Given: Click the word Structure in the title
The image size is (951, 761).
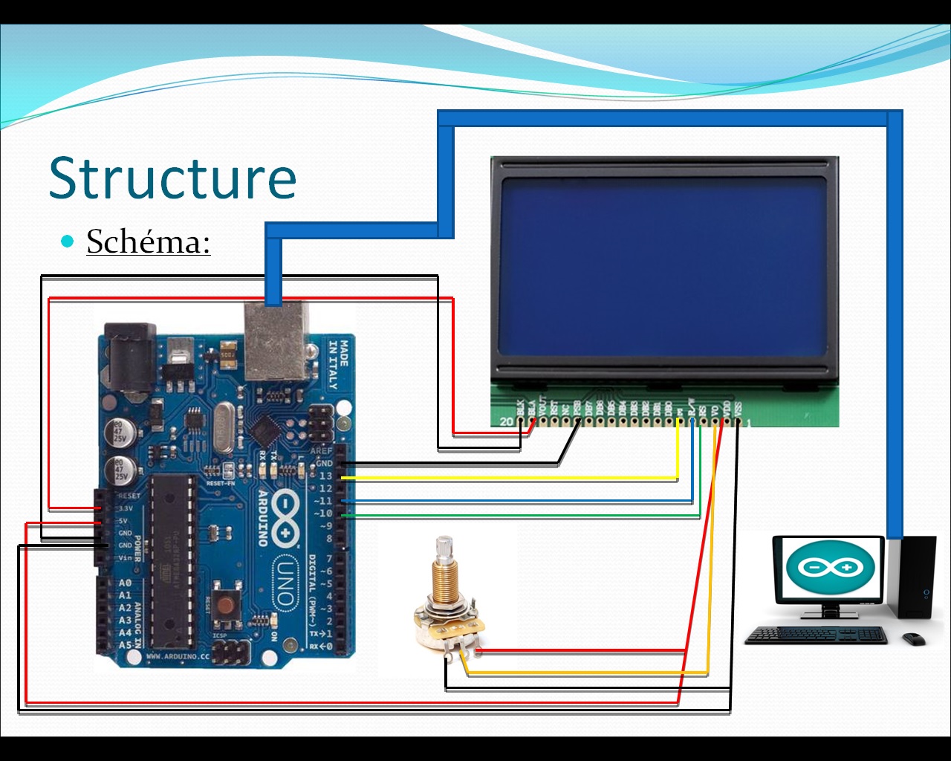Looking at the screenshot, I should [x=172, y=178].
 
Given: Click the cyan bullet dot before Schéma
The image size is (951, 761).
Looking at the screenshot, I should [x=68, y=241].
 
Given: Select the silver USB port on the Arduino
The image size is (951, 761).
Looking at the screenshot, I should [x=276, y=340].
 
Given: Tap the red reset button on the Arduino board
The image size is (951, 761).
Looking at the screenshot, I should [x=224, y=606].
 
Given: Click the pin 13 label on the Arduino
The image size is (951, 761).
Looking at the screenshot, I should [x=325, y=476].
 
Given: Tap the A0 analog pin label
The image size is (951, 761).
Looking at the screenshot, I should [x=125, y=583].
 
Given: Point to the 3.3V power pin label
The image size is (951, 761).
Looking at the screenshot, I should [x=126, y=508].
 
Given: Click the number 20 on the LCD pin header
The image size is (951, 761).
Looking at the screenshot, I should [x=507, y=421].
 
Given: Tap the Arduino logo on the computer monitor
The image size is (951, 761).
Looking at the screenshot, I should [x=829, y=569].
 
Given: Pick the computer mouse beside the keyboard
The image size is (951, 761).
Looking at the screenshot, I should [x=915, y=638].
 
